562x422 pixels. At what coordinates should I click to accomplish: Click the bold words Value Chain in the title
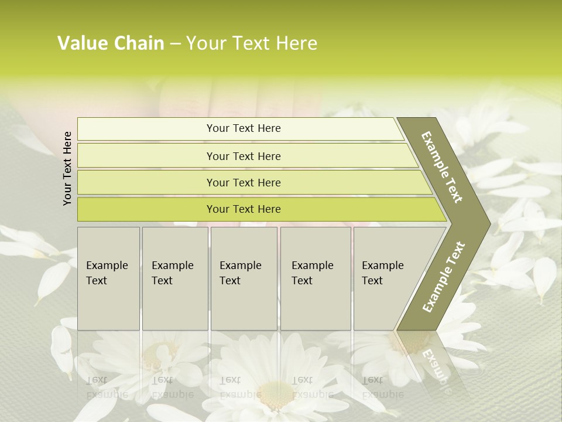(x=111, y=43)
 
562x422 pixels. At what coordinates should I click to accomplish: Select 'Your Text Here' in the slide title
(x=252, y=43)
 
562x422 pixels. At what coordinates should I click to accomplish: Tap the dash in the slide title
(x=175, y=44)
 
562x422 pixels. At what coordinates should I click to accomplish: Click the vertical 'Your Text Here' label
(x=67, y=168)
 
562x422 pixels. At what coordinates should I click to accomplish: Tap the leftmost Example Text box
(x=108, y=278)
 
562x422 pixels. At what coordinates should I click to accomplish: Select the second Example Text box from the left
(x=175, y=278)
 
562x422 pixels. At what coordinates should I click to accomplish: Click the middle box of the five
(x=244, y=278)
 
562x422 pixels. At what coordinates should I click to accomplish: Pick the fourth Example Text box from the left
(x=316, y=278)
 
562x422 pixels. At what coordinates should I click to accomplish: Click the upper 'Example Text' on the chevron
(x=442, y=167)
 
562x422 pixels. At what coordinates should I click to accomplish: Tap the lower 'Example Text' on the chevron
(x=444, y=277)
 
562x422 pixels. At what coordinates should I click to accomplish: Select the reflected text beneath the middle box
(x=241, y=387)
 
